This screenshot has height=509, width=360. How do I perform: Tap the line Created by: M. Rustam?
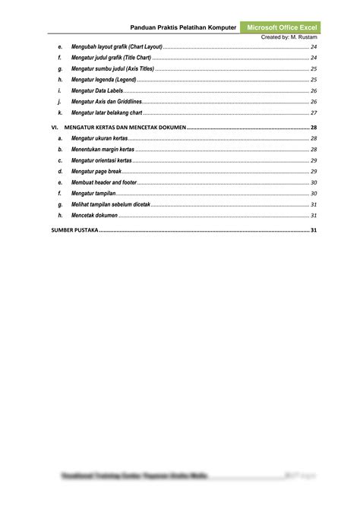click(x=289, y=37)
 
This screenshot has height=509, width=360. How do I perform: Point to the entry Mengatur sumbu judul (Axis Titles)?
click(x=112, y=68)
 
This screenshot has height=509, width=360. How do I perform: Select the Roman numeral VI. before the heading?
click(x=54, y=128)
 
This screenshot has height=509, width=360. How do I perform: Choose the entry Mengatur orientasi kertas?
click(x=102, y=161)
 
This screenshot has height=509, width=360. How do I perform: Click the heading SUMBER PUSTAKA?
click(x=74, y=231)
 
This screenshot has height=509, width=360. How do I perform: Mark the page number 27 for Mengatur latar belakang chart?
click(x=313, y=112)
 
